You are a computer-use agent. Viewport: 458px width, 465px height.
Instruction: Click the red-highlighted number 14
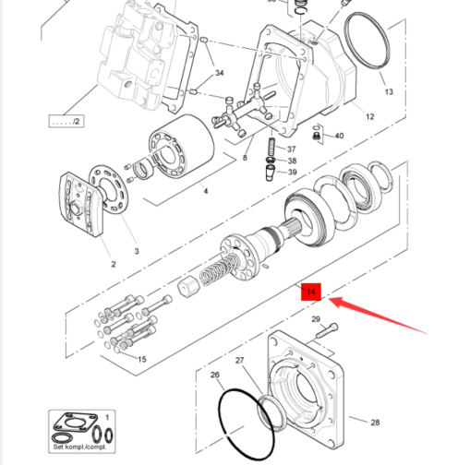[x=311, y=292]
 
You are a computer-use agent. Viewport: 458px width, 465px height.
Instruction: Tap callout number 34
[x=219, y=73]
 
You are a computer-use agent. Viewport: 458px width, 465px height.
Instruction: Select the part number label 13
[x=389, y=91]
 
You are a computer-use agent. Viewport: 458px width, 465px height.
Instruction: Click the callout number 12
[x=369, y=116]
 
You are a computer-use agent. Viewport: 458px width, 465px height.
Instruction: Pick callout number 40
[x=339, y=136]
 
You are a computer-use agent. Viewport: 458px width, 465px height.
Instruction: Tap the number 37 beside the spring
[x=291, y=149]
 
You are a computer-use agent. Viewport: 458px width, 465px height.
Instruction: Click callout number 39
[x=292, y=172]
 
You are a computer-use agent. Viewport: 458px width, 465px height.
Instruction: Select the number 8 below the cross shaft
[x=245, y=158]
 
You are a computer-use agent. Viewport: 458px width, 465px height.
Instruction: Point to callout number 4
[x=206, y=191]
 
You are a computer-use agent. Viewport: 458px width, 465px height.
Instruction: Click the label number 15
[x=142, y=359]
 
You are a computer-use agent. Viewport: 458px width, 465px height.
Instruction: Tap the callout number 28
[x=375, y=423]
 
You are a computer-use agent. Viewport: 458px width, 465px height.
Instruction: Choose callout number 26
[x=215, y=375]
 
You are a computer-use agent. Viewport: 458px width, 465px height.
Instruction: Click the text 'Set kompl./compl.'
[x=79, y=447]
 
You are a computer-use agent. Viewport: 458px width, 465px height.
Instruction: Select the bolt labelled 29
[x=327, y=330]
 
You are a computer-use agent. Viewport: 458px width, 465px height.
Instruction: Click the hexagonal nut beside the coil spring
[x=188, y=287]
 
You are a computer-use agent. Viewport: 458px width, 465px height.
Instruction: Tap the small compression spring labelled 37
[x=272, y=147]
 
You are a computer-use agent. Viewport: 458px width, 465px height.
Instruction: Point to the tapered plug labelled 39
[x=270, y=173]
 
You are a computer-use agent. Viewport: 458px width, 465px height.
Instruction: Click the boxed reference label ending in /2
[x=66, y=121]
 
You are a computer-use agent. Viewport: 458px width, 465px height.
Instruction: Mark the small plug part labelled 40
[x=316, y=136]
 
